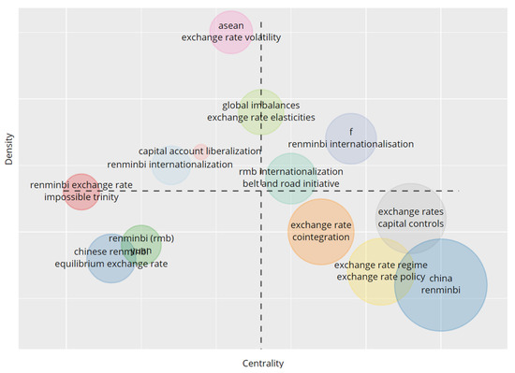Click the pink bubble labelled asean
(x=230, y=33)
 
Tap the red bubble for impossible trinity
(x=81, y=192)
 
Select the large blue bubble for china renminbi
(x=440, y=286)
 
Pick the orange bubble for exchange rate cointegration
(x=321, y=232)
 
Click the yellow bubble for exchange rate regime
(x=380, y=271)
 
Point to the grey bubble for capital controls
(x=411, y=218)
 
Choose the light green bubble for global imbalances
(x=261, y=112)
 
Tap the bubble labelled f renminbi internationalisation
(x=351, y=138)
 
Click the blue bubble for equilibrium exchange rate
(x=110, y=258)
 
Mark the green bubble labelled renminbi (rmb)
(x=141, y=245)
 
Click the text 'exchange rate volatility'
(x=230, y=37)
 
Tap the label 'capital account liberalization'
(x=199, y=151)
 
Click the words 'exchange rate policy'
(x=380, y=277)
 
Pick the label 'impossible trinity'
(x=81, y=197)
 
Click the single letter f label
(x=351, y=132)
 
